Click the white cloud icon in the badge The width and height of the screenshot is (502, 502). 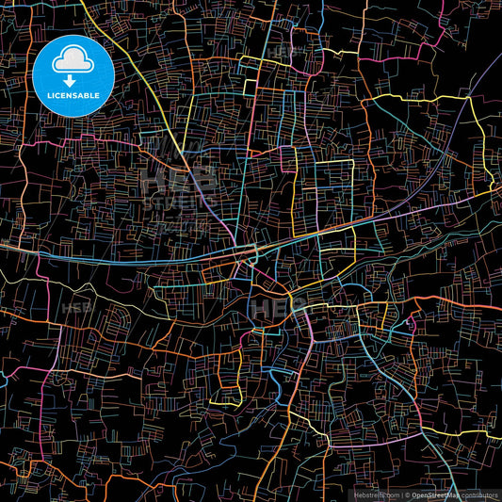click(x=73, y=61)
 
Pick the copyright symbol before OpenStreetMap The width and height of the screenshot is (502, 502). click(x=406, y=494)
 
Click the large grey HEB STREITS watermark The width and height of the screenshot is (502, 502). click(x=179, y=188)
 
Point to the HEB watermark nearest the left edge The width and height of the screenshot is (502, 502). click(x=77, y=308)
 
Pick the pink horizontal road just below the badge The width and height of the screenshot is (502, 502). click(x=57, y=147)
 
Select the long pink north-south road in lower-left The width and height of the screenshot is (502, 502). click(x=48, y=396)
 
